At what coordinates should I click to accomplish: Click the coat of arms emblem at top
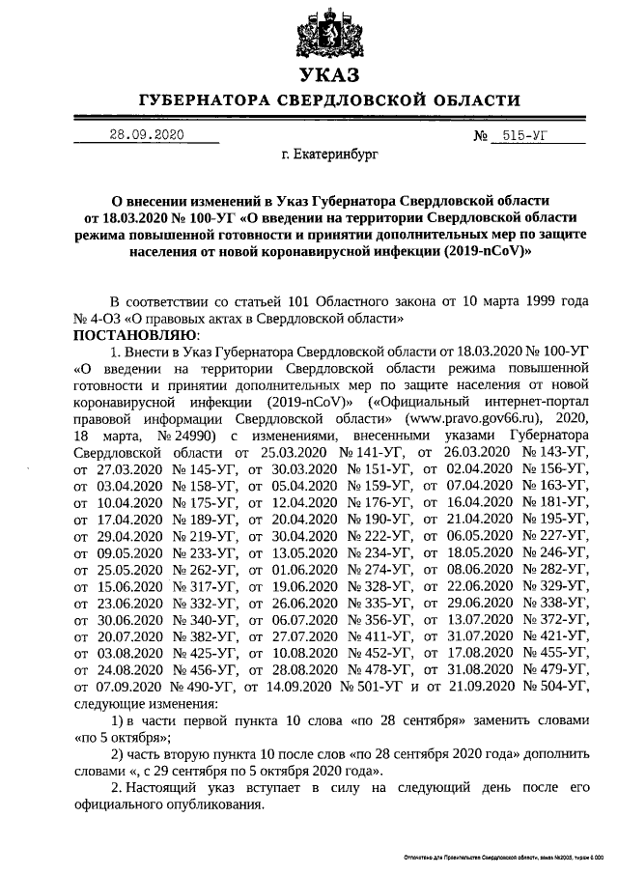pos(328,35)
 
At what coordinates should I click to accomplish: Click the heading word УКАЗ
pos(328,75)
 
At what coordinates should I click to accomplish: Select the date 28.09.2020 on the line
pos(146,135)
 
